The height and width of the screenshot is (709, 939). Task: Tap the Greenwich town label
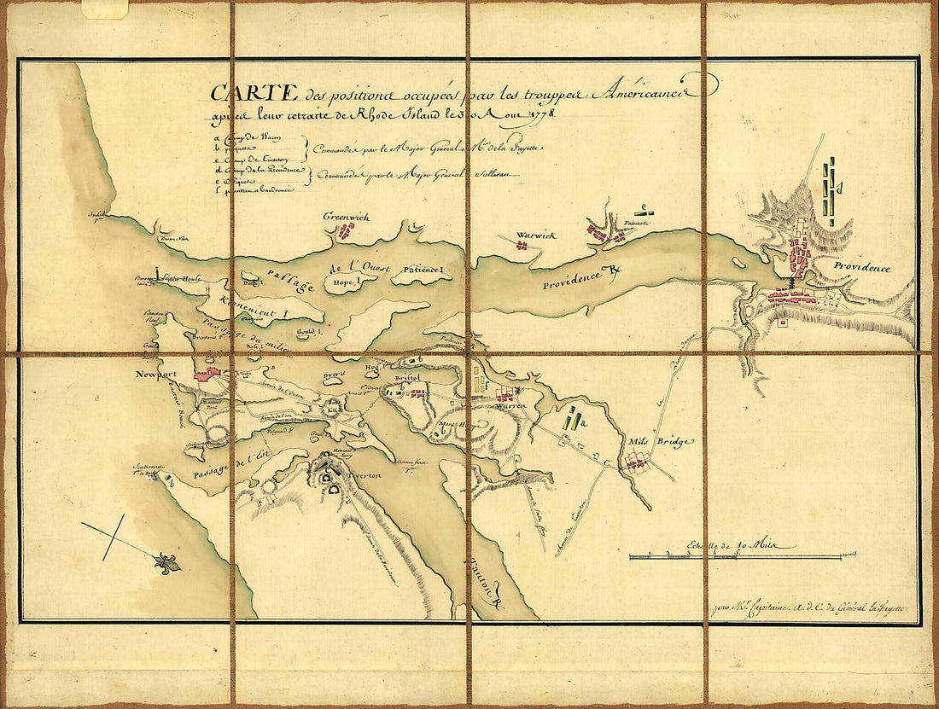tap(346, 218)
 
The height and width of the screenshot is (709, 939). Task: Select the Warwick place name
tap(535, 235)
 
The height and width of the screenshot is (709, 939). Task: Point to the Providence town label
tap(862, 268)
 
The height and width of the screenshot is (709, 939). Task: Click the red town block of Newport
tap(207, 373)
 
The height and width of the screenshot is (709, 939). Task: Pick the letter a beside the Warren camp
tap(580, 421)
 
